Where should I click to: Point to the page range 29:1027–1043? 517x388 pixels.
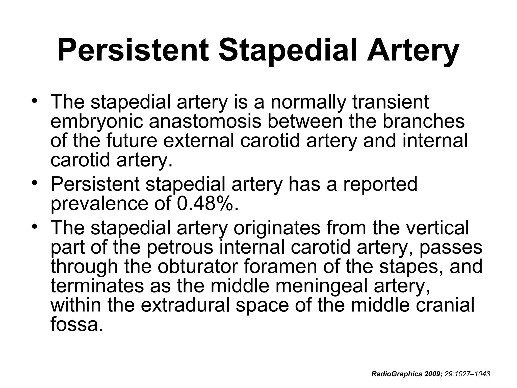click(x=467, y=374)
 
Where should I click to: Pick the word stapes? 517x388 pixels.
click(x=409, y=267)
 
